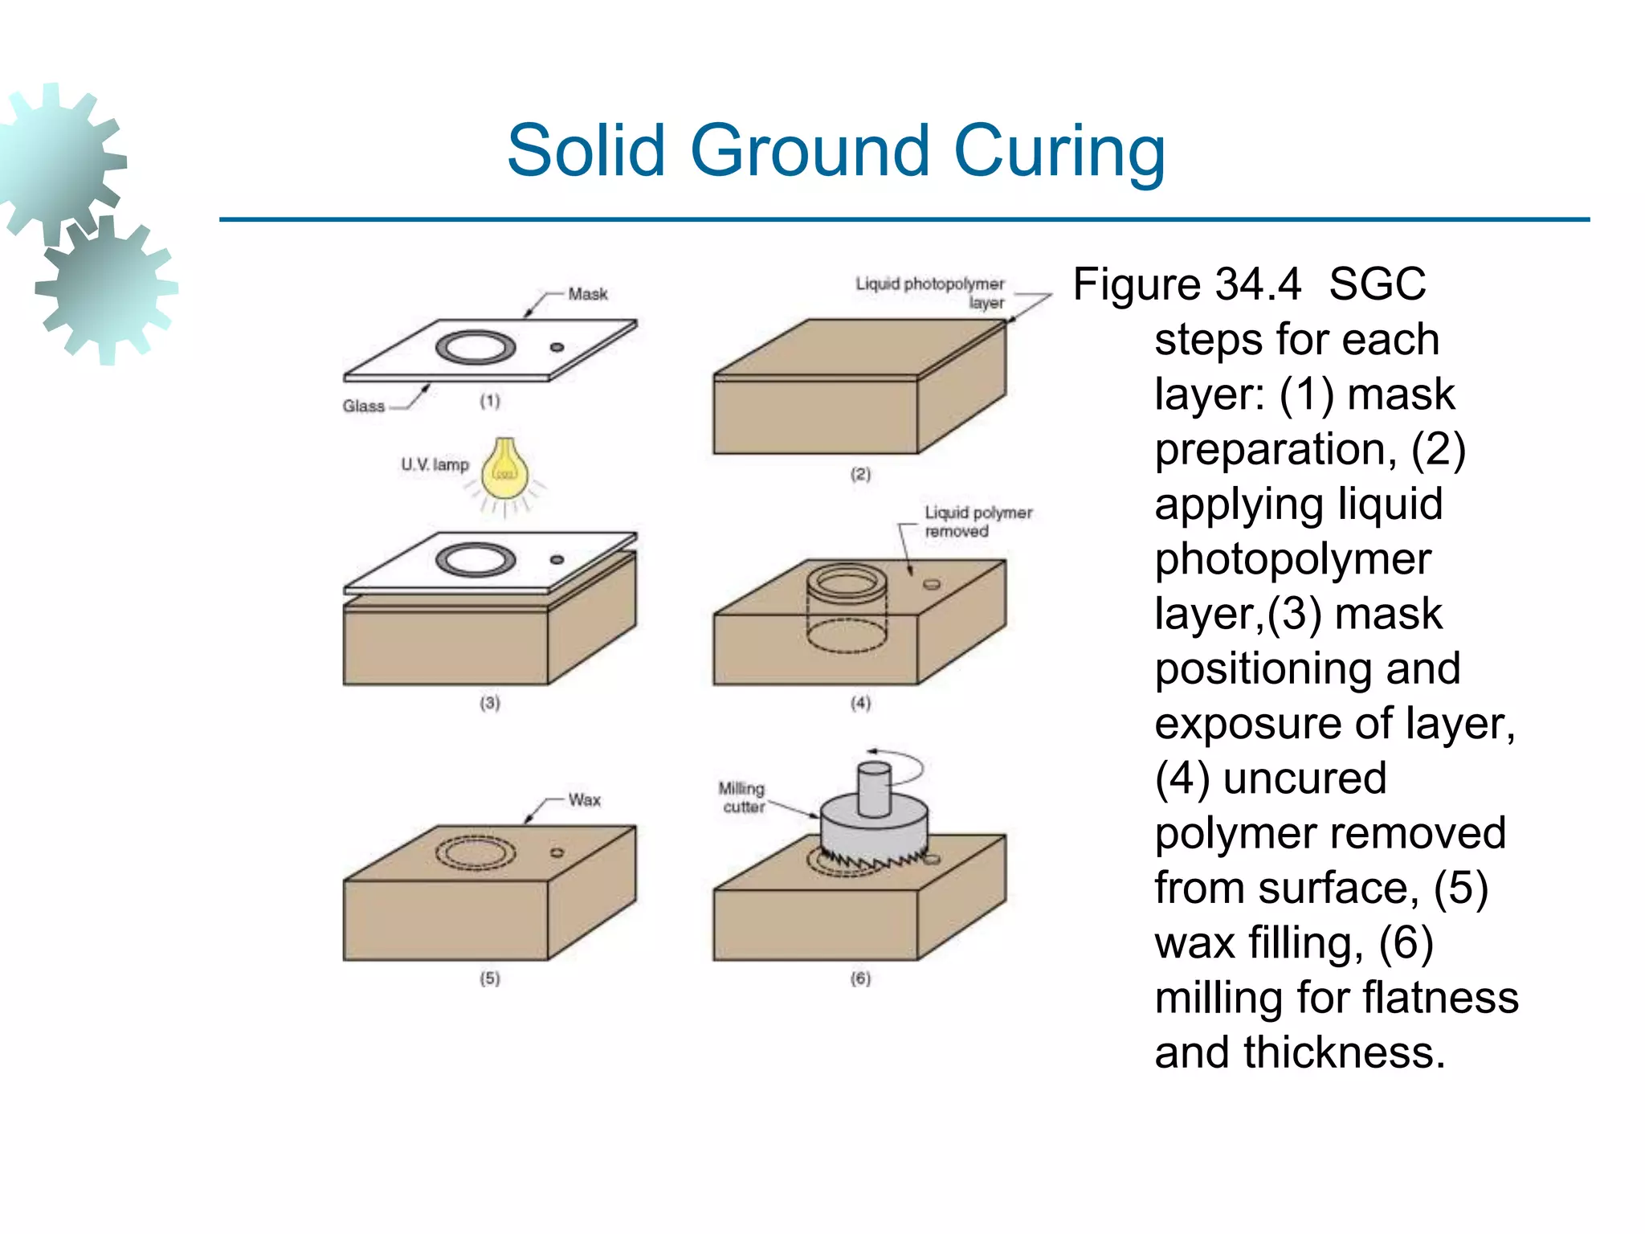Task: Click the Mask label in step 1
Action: (588, 294)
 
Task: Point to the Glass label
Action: (363, 407)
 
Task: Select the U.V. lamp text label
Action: (435, 464)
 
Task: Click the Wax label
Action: (585, 800)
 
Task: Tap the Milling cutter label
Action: (741, 798)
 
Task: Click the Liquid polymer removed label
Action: (978, 521)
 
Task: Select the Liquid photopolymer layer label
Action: (930, 293)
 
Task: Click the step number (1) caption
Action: (490, 401)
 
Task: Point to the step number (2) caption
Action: (860, 474)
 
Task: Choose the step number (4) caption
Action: (860, 703)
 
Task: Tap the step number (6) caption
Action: (860, 979)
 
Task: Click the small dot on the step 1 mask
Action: (557, 347)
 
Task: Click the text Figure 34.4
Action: (1186, 284)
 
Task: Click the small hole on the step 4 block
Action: (932, 584)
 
